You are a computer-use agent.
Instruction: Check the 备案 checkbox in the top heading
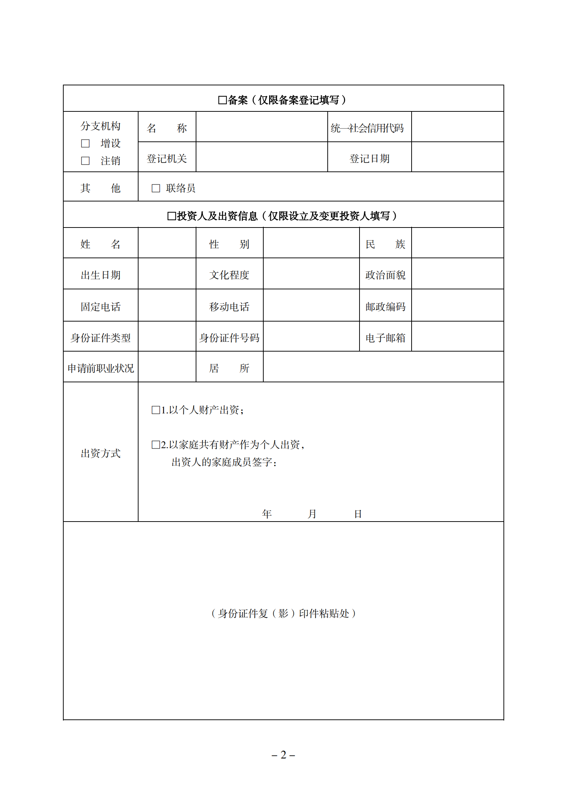tap(222, 100)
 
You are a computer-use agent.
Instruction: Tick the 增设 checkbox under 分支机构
tap(85, 144)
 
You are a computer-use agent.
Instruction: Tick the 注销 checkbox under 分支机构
tap(85, 161)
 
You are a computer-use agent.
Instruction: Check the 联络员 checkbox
tap(156, 188)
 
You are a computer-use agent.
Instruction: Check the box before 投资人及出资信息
tap(171, 216)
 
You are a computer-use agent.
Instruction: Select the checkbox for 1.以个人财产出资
tap(156, 410)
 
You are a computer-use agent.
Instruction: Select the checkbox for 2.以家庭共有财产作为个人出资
tap(156, 445)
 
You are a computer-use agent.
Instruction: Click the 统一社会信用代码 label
tap(367, 128)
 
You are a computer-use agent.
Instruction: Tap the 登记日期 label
tap(369, 158)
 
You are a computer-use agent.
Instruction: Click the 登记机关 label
tap(167, 158)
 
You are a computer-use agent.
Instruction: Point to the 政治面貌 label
tap(385, 275)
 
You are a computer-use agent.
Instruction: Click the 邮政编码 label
tap(385, 307)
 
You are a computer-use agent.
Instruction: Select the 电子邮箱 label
tap(385, 338)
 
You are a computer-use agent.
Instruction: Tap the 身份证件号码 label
tap(229, 338)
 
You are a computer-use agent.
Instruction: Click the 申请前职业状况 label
tap(101, 368)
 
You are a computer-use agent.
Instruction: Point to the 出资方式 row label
tap(101, 453)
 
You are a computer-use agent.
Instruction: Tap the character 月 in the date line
tap(312, 514)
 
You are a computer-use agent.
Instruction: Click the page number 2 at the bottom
tap(284, 755)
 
